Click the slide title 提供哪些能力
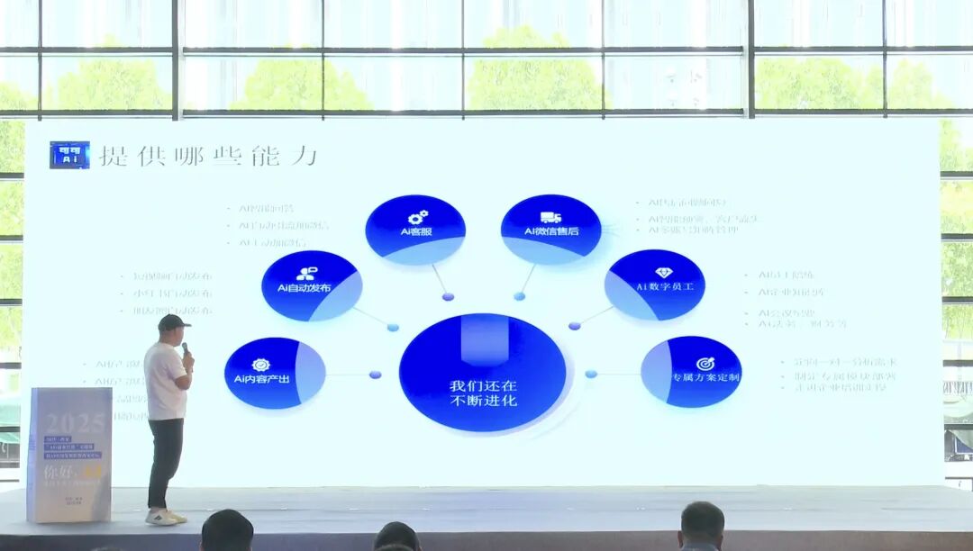pos(208,155)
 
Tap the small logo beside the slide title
pos(69,155)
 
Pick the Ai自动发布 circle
pos(311,285)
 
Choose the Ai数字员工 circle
pos(655,285)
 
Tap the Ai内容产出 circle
pos(274,373)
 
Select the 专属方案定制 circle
pos(692,371)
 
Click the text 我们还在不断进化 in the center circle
pos(483,393)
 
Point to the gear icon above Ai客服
pos(418,217)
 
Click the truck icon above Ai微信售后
pos(550,217)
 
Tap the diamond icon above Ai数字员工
pos(664,273)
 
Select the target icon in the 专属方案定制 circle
pos(705,364)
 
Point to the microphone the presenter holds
pos(185,348)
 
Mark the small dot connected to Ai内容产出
pos(375,375)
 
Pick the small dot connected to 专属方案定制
pos(591,374)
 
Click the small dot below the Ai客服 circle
pos(448,296)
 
